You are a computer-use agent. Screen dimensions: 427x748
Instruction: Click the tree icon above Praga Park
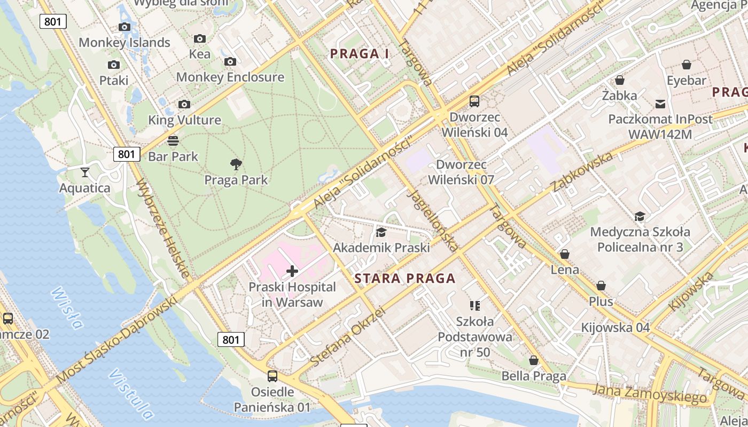[x=236, y=164]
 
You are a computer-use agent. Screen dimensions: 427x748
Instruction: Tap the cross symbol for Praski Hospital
[x=292, y=271]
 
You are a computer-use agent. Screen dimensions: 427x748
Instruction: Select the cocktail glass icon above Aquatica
[x=85, y=172]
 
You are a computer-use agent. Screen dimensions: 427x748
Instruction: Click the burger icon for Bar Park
[x=173, y=141]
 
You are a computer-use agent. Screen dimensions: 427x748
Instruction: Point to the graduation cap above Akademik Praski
[x=381, y=232]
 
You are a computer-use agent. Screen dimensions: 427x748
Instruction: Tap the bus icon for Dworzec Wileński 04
[x=474, y=101]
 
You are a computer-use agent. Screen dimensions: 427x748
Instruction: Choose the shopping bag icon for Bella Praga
[x=534, y=361]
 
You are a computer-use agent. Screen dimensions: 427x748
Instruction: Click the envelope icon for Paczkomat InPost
[x=660, y=104]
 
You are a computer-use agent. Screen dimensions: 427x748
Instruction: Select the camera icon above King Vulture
[x=184, y=104]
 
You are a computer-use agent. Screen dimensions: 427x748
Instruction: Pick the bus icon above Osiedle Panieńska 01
[x=272, y=376]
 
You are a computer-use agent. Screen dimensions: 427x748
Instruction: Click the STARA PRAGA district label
[x=405, y=278]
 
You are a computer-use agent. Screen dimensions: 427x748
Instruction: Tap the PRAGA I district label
[x=360, y=53]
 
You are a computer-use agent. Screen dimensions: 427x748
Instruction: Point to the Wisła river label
[x=67, y=309]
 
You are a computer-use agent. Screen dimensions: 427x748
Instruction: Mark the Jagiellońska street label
[x=432, y=219]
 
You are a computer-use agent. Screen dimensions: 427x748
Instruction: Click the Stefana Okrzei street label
[x=347, y=337]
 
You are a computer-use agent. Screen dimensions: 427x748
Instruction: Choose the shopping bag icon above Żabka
[x=620, y=80]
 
